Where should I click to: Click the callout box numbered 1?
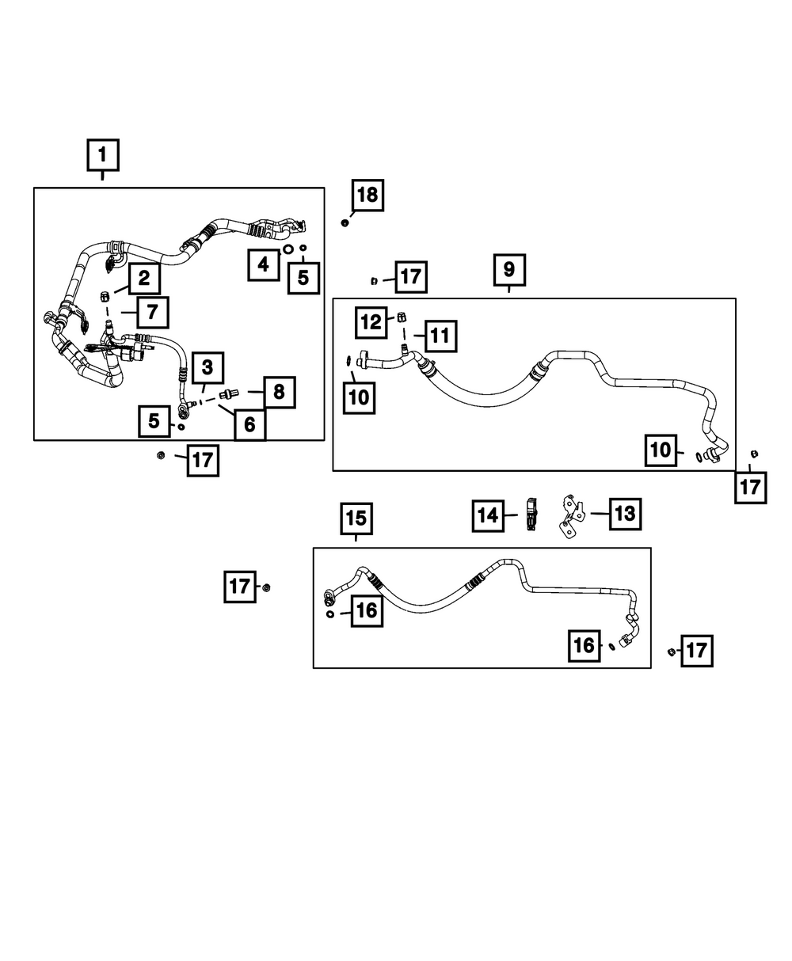point(103,155)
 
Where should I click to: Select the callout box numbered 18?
point(367,196)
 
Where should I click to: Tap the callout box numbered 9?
point(509,270)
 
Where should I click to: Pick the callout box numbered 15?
point(356,518)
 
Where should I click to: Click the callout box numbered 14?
point(488,516)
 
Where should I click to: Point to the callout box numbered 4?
point(264,264)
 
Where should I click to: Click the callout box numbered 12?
point(371,323)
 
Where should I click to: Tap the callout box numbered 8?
point(280,392)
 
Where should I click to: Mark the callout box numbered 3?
point(208,368)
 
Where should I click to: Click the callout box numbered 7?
point(152,313)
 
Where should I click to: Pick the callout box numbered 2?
point(144,279)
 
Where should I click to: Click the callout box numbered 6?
point(249,424)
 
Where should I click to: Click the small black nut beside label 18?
point(345,222)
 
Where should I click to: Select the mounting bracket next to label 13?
point(571,515)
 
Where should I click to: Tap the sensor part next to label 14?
point(532,514)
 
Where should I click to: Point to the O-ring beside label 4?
point(287,249)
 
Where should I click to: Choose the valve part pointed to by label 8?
point(229,393)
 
